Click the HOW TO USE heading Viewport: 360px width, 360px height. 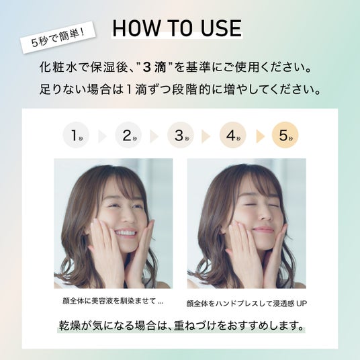(x=177, y=28)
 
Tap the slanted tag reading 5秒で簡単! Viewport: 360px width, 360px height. (x=58, y=38)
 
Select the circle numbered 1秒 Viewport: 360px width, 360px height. (x=76, y=135)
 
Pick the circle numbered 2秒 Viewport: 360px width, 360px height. (x=128, y=135)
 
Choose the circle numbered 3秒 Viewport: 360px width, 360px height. (x=181, y=135)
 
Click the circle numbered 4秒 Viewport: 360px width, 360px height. (x=233, y=135)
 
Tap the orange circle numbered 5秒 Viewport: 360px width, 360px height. (x=285, y=135)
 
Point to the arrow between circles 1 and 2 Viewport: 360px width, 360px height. (x=102, y=136)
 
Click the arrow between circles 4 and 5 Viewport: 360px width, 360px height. (x=260, y=136)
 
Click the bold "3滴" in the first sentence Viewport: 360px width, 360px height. (x=154, y=67)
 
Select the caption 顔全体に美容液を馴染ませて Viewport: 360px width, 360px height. (x=109, y=300)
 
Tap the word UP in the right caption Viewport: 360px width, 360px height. (x=301, y=304)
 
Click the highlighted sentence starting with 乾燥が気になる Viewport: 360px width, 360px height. (x=181, y=326)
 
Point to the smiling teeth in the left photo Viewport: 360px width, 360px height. (x=125, y=232)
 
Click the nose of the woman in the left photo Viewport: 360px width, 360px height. (x=127, y=216)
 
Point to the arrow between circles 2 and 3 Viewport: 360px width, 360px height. (x=154, y=136)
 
